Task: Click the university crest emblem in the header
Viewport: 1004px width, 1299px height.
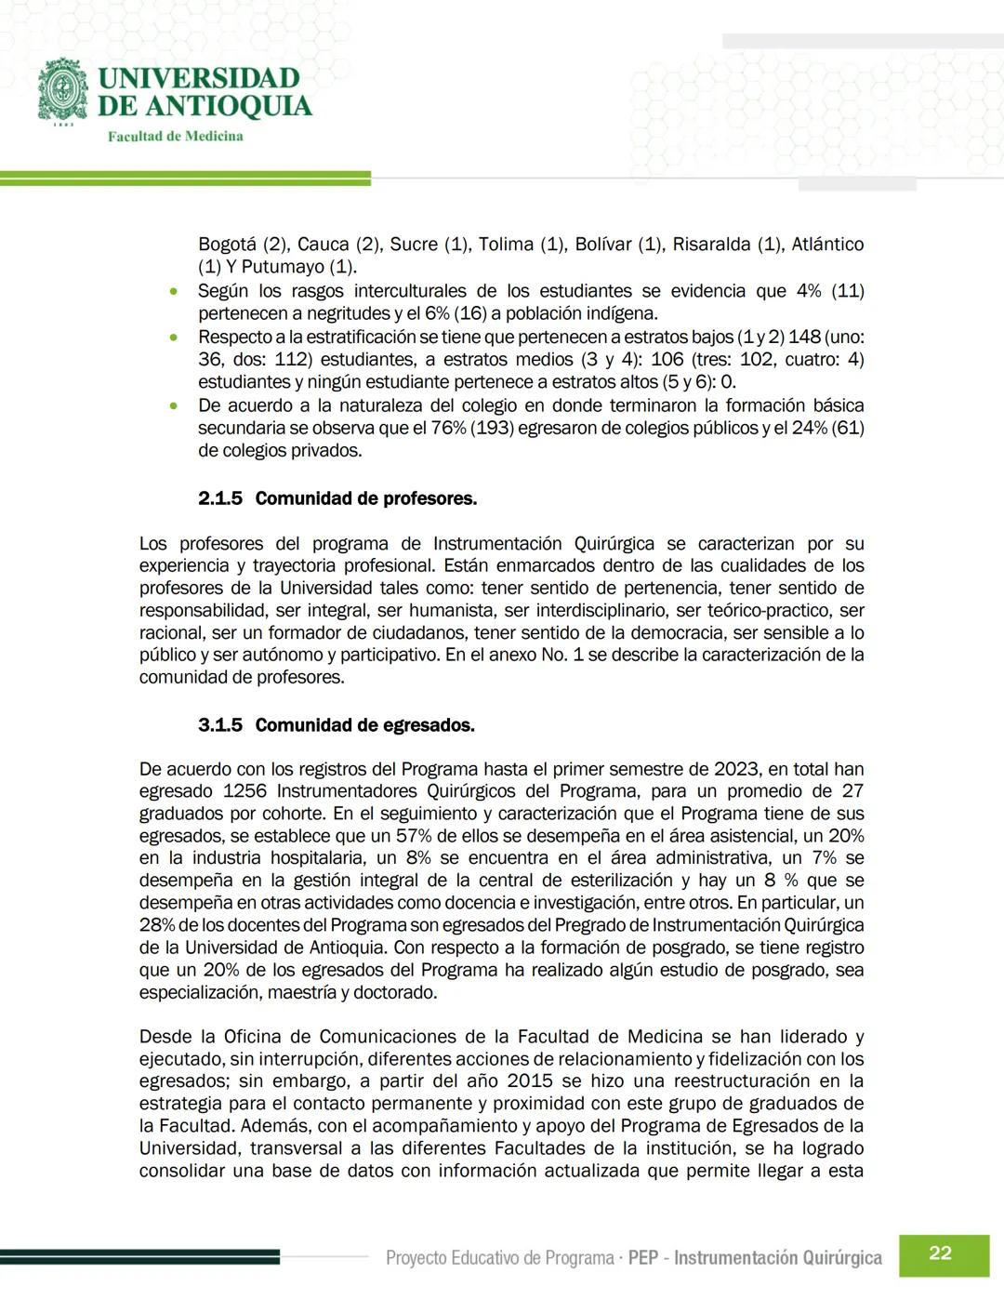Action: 62,90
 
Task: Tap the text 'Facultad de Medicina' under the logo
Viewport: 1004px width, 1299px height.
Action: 175,137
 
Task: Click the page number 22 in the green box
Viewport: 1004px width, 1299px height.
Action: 940,1253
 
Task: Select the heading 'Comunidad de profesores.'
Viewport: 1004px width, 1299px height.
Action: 365,498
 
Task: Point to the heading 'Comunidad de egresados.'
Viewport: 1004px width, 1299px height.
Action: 364,725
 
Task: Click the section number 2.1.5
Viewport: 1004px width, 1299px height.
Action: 219,498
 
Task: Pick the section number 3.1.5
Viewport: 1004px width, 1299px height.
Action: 219,725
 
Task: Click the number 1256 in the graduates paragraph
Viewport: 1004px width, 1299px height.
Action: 244,791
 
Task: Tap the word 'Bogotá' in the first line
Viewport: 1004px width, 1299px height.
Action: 227,245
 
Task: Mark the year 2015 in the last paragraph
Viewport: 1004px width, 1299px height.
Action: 530,1081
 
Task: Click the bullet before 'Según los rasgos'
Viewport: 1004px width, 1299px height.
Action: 174,292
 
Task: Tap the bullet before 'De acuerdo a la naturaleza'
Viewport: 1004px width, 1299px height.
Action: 174,406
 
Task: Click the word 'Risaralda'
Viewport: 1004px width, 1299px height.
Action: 711,245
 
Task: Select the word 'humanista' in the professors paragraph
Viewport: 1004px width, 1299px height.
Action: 451,610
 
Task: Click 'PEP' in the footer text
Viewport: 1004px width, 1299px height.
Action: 643,1258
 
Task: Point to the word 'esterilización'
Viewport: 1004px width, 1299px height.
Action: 615,881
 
